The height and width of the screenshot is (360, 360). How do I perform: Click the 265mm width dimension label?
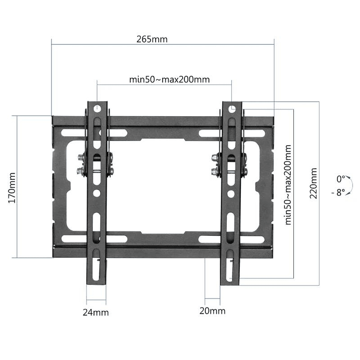[153, 39]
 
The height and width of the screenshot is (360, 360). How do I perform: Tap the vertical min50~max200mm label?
[287, 185]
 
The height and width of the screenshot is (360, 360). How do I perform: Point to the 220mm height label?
[314, 183]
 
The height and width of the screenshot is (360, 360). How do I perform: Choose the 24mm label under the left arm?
[96, 312]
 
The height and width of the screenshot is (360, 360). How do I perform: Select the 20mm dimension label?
[212, 311]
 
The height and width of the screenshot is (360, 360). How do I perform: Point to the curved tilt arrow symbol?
[350, 186]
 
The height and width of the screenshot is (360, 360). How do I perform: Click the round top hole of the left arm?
[97, 107]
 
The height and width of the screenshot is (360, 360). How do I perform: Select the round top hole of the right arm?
[232, 108]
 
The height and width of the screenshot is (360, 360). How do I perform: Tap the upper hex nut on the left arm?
[80, 160]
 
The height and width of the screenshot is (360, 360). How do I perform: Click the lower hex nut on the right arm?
[215, 172]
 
